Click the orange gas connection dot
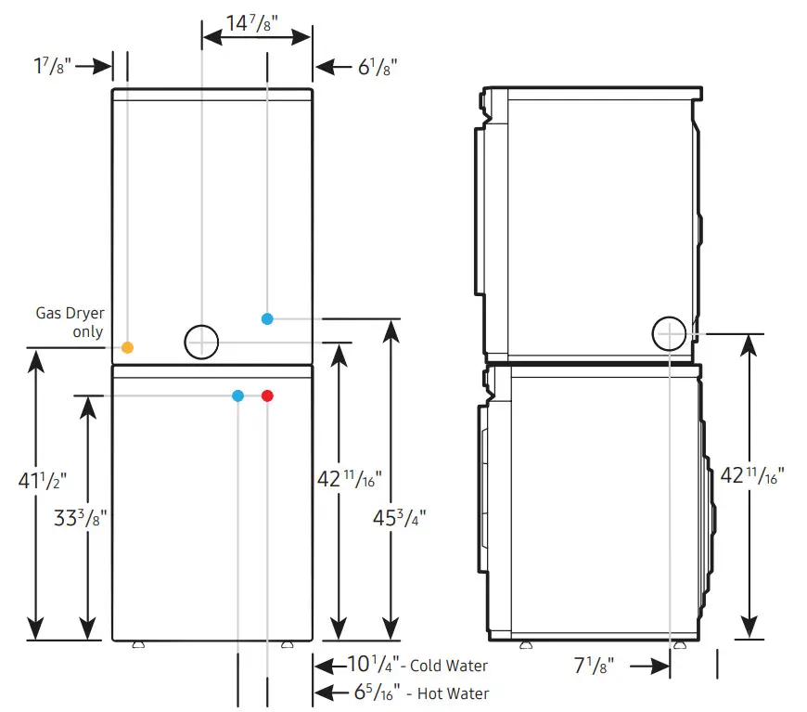[127, 347]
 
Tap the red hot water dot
[267, 396]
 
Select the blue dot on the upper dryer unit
[267, 318]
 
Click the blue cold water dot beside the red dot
[238, 396]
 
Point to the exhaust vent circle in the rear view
[201, 342]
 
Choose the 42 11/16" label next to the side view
[752, 475]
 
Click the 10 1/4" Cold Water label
[416, 666]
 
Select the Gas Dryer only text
[70, 322]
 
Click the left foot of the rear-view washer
[140, 643]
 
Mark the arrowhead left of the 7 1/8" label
[660, 666]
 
